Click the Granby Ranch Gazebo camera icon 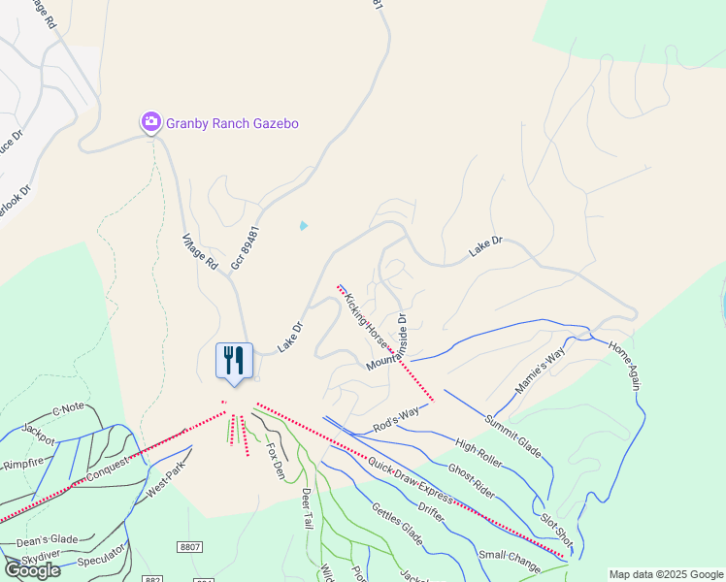(151, 122)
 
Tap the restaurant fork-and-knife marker (233, 361)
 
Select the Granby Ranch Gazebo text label (232, 123)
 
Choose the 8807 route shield (190, 547)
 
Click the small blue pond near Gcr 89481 (304, 226)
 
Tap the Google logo (32, 569)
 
